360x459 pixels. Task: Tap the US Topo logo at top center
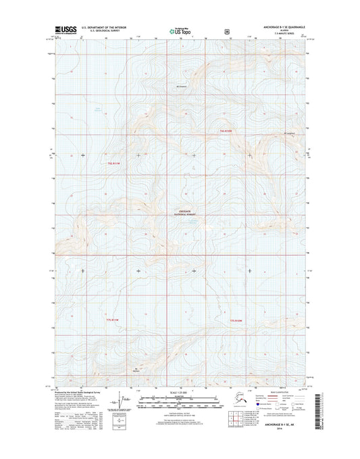point(181,29)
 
